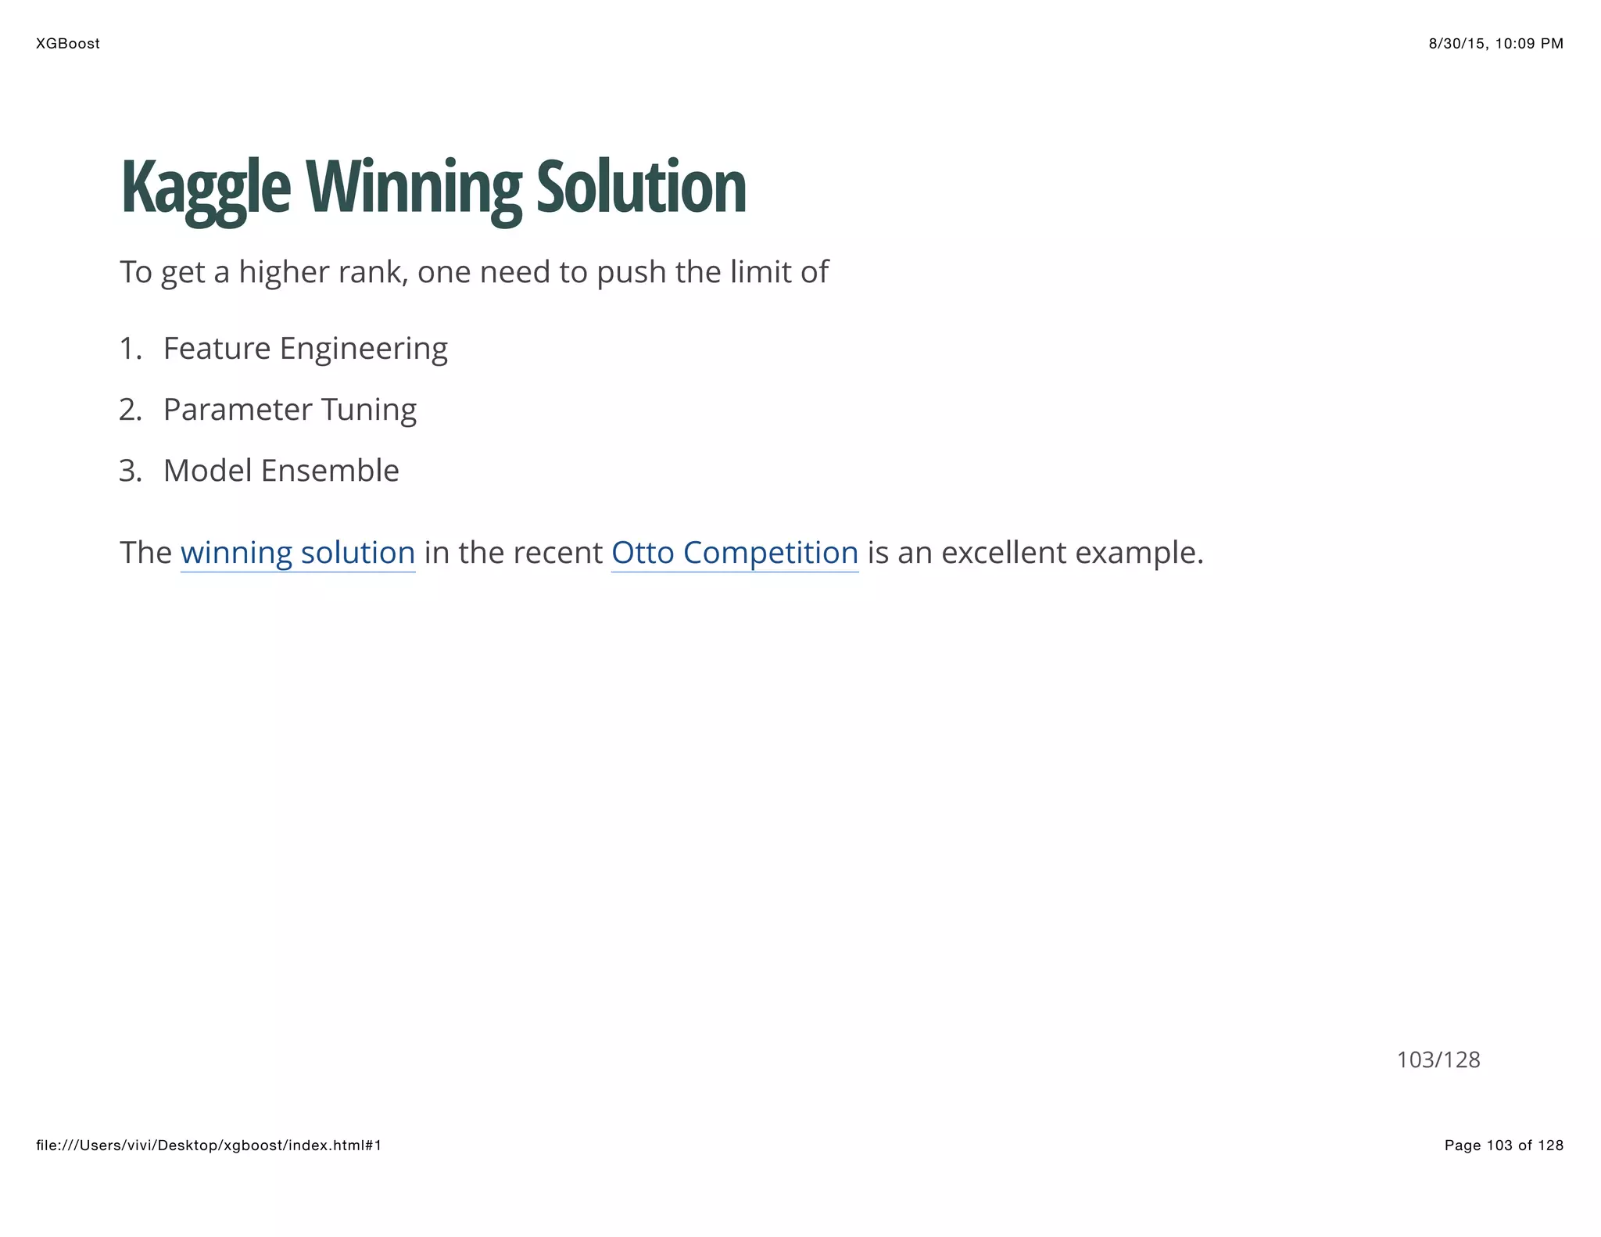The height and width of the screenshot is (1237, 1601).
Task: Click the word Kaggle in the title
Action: point(206,188)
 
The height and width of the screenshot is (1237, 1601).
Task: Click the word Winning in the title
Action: point(413,188)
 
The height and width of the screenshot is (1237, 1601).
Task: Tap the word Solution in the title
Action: point(641,188)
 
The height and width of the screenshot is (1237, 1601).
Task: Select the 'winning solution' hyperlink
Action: point(297,553)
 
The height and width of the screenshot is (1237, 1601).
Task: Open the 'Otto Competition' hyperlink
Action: point(734,553)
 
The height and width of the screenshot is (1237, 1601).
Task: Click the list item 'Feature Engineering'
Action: point(305,349)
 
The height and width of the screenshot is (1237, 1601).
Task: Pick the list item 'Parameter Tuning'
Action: point(289,410)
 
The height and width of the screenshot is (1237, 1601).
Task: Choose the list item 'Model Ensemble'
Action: point(281,471)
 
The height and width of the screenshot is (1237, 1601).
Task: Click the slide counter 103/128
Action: point(1438,1060)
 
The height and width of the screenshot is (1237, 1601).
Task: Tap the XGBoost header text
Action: point(68,44)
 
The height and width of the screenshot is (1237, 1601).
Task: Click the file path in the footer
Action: point(209,1146)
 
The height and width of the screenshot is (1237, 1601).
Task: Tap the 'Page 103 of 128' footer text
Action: point(1503,1146)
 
